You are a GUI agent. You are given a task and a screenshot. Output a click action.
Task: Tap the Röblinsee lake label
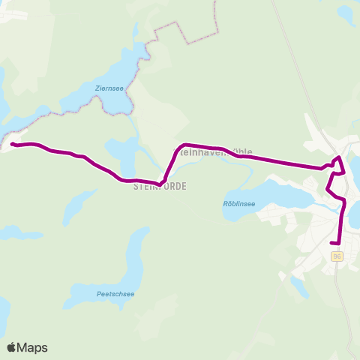pyautogui.click(x=239, y=202)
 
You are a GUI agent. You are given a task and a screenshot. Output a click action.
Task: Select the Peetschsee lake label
pyautogui.click(x=115, y=293)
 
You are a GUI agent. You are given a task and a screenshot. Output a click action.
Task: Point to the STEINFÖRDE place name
pyautogui.click(x=159, y=185)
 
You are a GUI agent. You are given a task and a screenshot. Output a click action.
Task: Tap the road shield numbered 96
pyautogui.click(x=337, y=256)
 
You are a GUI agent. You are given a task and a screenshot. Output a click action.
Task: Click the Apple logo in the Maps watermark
pyautogui.click(x=11, y=347)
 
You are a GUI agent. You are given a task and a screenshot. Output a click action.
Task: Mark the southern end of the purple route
pyautogui.click(x=332, y=242)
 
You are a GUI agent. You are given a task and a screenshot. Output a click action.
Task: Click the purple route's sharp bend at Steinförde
pyautogui.click(x=160, y=183)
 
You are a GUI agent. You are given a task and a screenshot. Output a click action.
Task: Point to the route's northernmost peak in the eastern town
pyautogui.click(x=339, y=157)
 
